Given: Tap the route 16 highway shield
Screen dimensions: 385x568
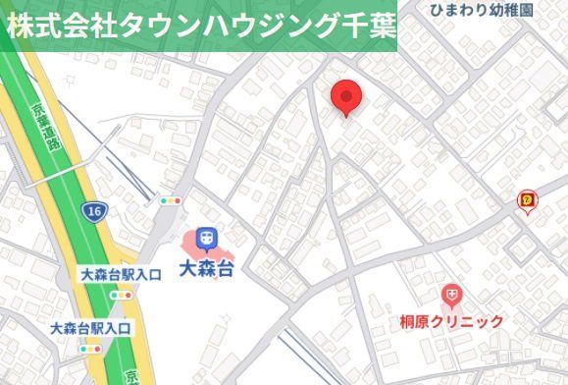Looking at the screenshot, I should coord(94,211).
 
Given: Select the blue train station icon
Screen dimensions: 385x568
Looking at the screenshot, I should coord(206,238).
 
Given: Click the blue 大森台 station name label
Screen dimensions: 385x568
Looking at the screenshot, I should coord(206,267).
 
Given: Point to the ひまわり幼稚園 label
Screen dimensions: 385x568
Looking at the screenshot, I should coord(482,10).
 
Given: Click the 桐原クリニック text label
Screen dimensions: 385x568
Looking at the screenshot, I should coord(451,321).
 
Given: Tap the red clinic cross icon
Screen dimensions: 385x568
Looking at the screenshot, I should coord(451,294).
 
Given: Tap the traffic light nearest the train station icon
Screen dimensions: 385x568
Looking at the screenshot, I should coord(173,199).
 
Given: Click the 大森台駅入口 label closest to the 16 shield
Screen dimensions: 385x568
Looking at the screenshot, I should coord(121,275).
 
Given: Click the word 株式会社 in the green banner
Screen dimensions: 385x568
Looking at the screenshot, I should coord(43,27).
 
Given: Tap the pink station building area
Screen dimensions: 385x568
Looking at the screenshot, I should coord(188,242).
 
